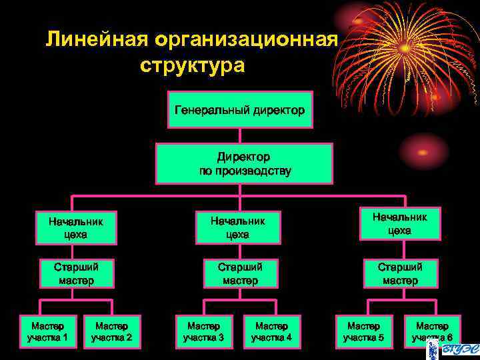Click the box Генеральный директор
240,108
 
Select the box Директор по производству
244,163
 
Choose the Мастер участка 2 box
111,331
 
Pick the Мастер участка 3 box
203,331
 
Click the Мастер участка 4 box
271,331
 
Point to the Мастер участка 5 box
363,331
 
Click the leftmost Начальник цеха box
76,227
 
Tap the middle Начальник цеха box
237,227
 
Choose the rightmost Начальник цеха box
399,223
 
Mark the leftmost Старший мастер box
76,273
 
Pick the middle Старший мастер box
240,273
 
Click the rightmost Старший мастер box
400,273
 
